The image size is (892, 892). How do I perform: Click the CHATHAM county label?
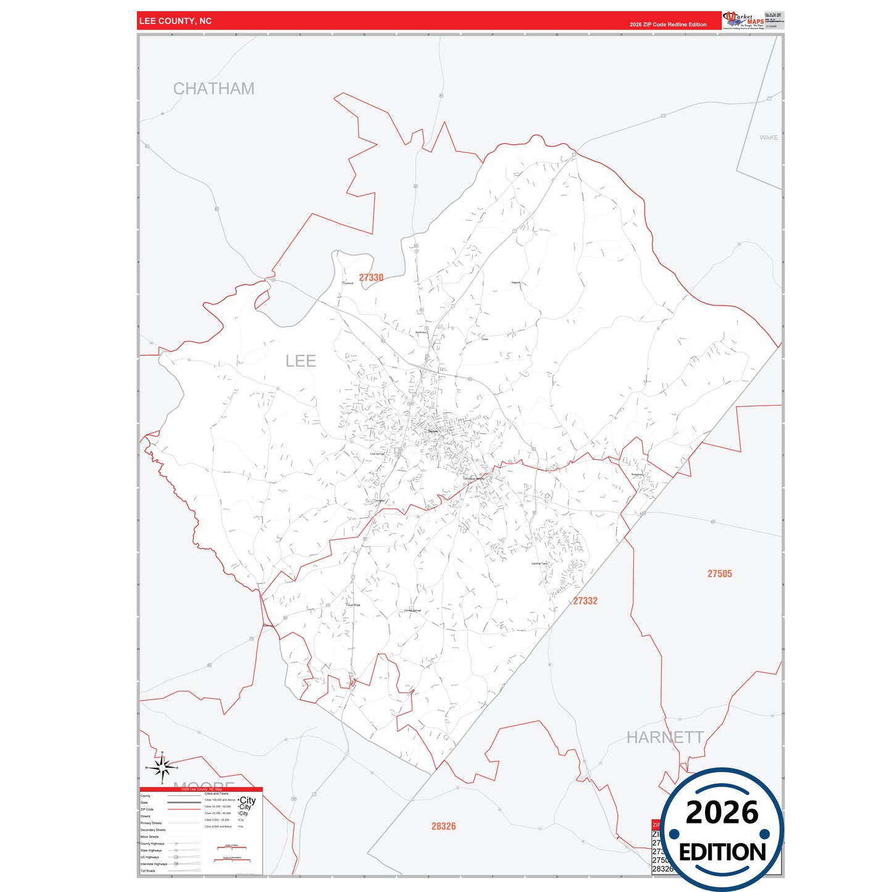point(214,89)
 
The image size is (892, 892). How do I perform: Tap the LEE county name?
point(301,361)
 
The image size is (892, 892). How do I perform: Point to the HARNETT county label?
point(665,737)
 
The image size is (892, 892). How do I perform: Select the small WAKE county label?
point(769,138)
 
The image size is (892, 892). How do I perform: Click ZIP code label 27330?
point(371,278)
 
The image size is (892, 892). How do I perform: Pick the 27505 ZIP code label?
point(719,574)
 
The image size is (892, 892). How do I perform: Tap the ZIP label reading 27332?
point(585,601)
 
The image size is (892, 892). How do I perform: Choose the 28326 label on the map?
point(443,826)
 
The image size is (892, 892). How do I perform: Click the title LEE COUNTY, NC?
point(175,21)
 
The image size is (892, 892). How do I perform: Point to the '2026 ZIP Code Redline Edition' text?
point(668,25)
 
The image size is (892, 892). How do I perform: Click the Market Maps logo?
point(743,20)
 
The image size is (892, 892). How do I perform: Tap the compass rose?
point(162,767)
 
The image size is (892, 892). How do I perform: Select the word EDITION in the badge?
point(722,852)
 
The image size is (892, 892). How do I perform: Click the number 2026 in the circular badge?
point(722,812)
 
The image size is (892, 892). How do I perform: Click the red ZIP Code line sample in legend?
point(184,809)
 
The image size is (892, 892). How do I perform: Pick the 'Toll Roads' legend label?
point(148,871)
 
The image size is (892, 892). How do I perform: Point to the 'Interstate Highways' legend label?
point(153,864)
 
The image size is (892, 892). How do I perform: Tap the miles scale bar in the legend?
point(231,847)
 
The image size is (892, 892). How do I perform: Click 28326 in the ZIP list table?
point(661,869)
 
